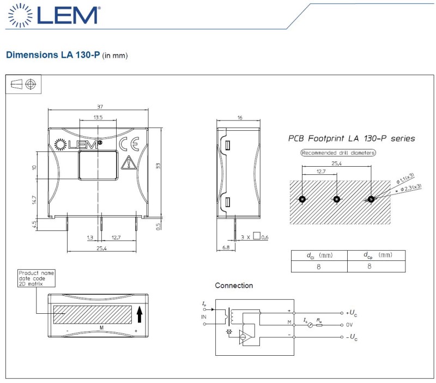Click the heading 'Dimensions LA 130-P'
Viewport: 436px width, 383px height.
point(52,55)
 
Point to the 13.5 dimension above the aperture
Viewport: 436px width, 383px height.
point(98,117)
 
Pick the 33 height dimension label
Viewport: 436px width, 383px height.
point(159,165)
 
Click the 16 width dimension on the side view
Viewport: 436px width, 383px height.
point(239,117)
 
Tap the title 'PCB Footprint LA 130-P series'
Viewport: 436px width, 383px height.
point(351,138)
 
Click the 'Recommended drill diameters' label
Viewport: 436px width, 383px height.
point(338,153)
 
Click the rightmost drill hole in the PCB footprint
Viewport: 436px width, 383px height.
point(371,199)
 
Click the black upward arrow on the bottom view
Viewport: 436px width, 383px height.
point(139,314)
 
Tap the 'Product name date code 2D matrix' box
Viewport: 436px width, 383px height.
point(37,278)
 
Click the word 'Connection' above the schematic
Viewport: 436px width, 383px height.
point(234,285)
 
